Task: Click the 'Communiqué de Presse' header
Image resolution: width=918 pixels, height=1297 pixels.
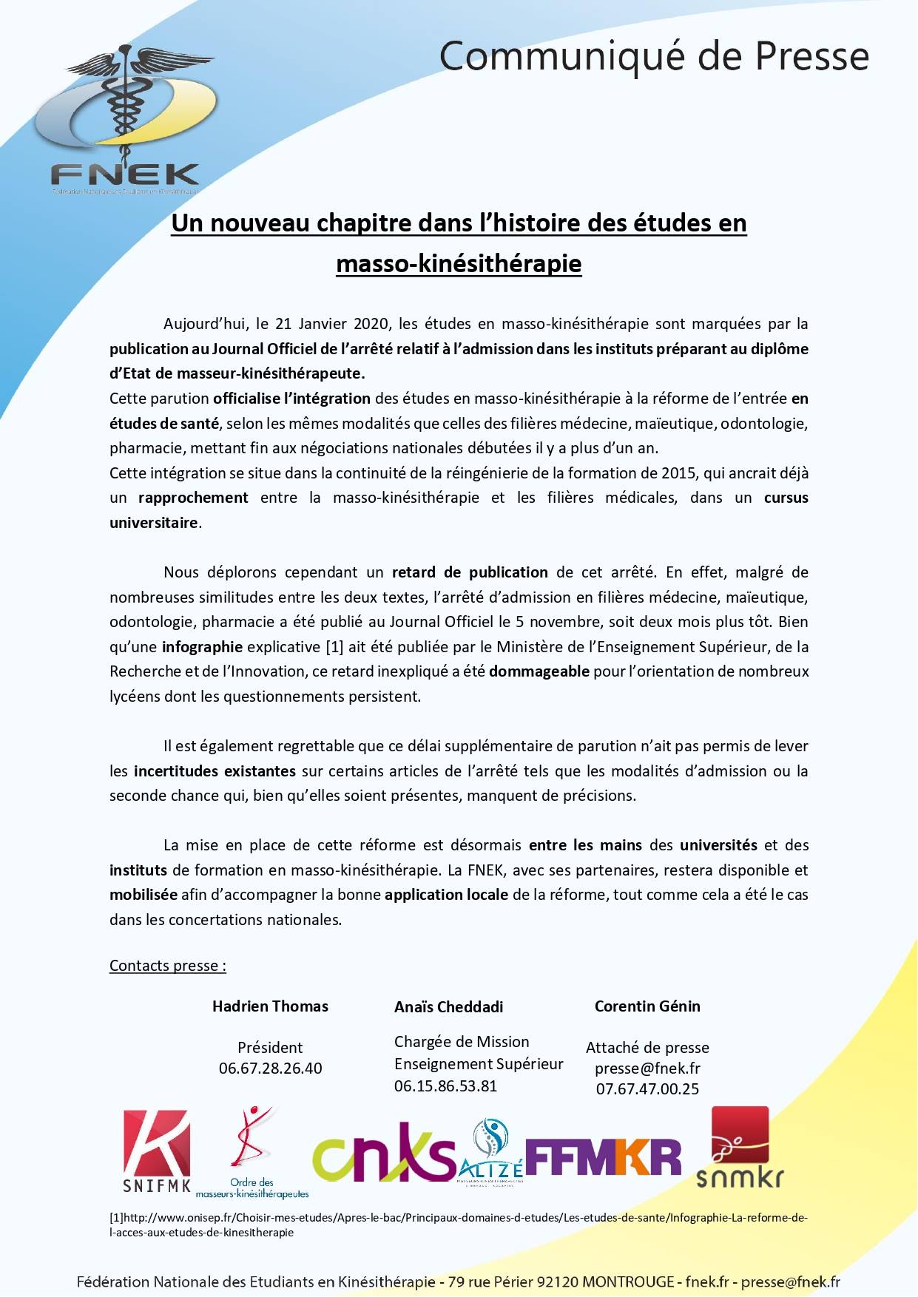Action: [x=654, y=56]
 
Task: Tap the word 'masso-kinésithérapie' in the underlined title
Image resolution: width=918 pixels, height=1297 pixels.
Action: [x=459, y=264]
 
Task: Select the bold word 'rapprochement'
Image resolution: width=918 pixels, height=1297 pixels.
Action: [x=193, y=498]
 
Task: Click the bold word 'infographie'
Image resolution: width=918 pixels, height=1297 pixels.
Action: [x=202, y=647]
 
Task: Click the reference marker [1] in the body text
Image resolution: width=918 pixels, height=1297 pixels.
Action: [x=334, y=647]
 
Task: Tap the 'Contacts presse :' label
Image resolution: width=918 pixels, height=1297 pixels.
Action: [x=168, y=966]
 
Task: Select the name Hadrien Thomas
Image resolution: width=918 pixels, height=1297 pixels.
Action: [x=270, y=1006]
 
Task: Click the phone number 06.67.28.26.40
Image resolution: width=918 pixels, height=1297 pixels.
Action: [x=270, y=1069]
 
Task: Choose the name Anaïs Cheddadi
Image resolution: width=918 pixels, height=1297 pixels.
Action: [x=449, y=1007]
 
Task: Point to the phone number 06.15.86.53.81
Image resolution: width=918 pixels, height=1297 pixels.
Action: [x=445, y=1086]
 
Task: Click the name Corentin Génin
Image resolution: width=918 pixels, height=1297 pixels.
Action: [x=647, y=1006]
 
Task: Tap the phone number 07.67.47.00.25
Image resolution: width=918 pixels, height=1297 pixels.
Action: [x=647, y=1089]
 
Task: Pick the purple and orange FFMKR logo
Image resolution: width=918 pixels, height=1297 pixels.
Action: [x=603, y=1157]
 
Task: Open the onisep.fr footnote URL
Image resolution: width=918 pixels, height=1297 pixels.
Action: [x=459, y=1218]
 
